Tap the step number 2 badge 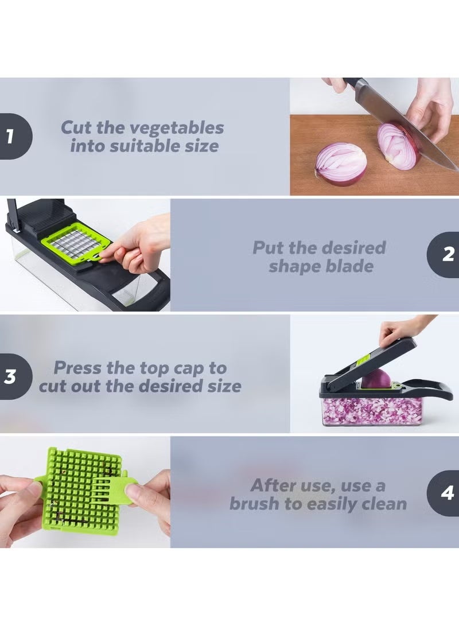[x=446, y=255]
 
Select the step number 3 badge [x=11, y=377]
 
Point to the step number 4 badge [x=446, y=493]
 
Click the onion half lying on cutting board [x=341, y=164]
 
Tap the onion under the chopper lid [x=375, y=379]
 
